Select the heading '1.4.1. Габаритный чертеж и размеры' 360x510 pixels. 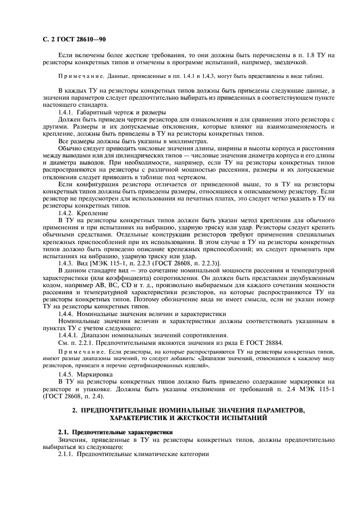pos(112,112)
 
